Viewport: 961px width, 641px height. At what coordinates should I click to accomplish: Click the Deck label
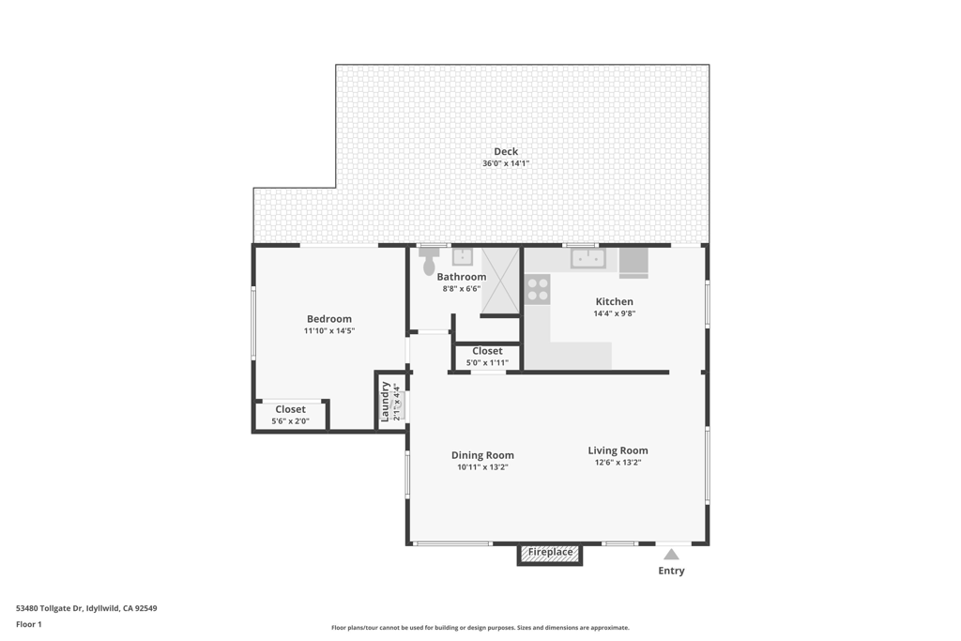(506, 151)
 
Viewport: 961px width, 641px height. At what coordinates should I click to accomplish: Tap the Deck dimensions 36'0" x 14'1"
(506, 163)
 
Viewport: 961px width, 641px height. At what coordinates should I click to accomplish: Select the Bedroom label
(329, 319)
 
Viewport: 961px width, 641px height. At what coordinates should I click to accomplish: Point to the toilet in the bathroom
(428, 262)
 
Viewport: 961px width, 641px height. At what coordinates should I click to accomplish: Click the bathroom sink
(462, 257)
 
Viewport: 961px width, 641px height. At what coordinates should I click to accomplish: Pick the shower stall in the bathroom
(500, 280)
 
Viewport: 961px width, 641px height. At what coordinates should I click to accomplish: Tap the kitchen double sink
(587, 258)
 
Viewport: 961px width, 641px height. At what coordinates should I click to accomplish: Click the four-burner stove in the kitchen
(538, 289)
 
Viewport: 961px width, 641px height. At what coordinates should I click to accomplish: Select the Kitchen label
(614, 301)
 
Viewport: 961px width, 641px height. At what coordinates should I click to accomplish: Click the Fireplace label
(550, 552)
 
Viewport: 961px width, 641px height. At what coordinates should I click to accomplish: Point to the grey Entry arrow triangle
(671, 554)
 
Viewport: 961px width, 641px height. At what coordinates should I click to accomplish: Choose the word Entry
(671, 571)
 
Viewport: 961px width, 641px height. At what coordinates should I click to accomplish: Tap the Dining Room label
(482, 454)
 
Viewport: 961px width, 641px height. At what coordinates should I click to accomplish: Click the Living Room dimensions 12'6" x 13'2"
(618, 463)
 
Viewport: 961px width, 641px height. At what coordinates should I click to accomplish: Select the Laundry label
(386, 402)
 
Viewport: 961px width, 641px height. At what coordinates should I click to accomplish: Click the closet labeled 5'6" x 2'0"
(290, 416)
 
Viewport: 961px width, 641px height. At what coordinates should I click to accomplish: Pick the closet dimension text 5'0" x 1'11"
(487, 363)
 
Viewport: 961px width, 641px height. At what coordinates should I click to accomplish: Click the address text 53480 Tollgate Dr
(49, 608)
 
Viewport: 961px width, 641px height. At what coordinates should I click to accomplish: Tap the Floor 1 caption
(29, 624)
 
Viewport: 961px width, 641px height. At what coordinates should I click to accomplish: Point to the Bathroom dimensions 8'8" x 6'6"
(462, 289)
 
